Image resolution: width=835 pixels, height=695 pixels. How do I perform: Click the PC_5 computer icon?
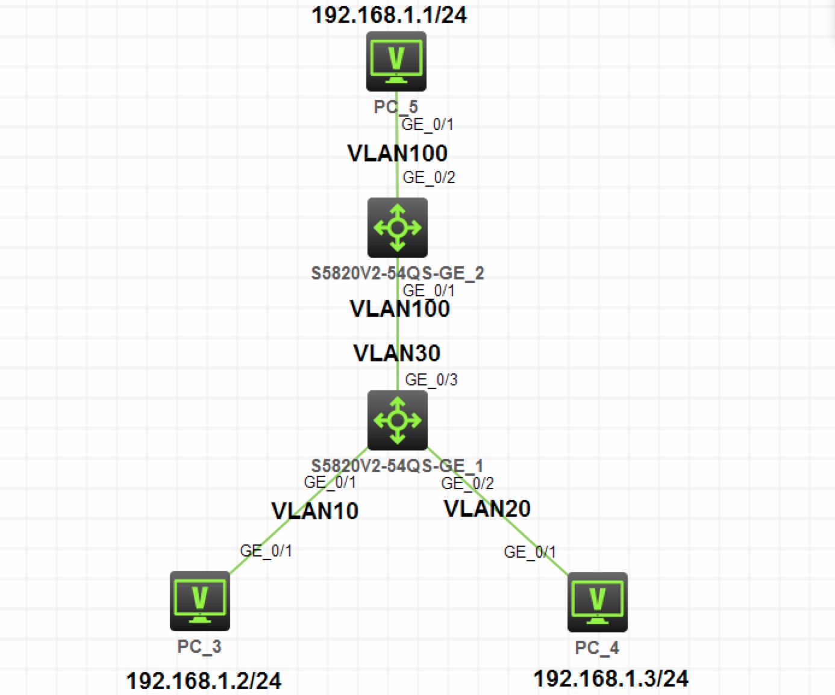tap(396, 61)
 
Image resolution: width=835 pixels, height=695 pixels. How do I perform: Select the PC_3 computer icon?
tap(200, 600)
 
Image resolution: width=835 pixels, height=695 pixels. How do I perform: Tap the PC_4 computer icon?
tap(597, 602)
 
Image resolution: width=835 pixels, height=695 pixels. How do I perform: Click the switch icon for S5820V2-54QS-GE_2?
tap(398, 228)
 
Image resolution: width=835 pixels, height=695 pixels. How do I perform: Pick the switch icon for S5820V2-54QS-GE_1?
tap(398, 420)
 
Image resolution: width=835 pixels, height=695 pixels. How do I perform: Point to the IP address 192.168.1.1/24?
tap(389, 14)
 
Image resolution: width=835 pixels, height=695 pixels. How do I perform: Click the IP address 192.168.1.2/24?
tap(204, 681)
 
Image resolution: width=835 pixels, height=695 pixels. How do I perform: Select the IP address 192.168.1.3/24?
tap(611, 678)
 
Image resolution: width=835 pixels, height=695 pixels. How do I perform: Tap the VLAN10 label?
tap(315, 511)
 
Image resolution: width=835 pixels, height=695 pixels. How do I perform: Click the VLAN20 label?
tap(487, 509)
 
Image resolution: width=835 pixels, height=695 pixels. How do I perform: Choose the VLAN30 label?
tap(397, 353)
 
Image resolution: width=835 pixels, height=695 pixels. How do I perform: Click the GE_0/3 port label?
tap(431, 379)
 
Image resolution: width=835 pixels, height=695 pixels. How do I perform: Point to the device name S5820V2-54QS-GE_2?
tap(398, 273)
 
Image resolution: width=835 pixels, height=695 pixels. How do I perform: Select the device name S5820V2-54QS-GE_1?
tap(397, 466)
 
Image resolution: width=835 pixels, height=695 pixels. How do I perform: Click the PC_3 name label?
tap(199, 647)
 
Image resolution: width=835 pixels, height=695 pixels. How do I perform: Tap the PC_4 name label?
tap(596, 648)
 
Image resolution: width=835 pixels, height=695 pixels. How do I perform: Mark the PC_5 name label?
tap(395, 107)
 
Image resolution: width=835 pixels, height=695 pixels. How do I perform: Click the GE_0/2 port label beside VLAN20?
tap(468, 483)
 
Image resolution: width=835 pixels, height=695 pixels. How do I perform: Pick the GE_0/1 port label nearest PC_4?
tap(530, 552)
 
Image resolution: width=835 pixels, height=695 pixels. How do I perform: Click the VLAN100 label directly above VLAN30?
tap(400, 309)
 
